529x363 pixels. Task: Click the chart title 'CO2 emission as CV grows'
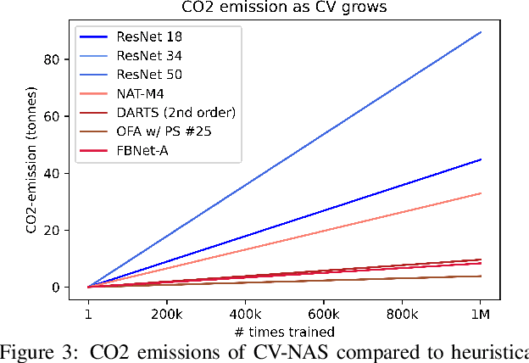[284, 8]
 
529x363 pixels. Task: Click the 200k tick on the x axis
[166, 314]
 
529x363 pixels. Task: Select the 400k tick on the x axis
[245, 314]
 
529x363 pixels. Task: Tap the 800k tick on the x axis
[402, 314]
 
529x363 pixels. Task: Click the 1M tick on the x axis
[481, 314]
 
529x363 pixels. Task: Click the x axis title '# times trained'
[284, 331]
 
